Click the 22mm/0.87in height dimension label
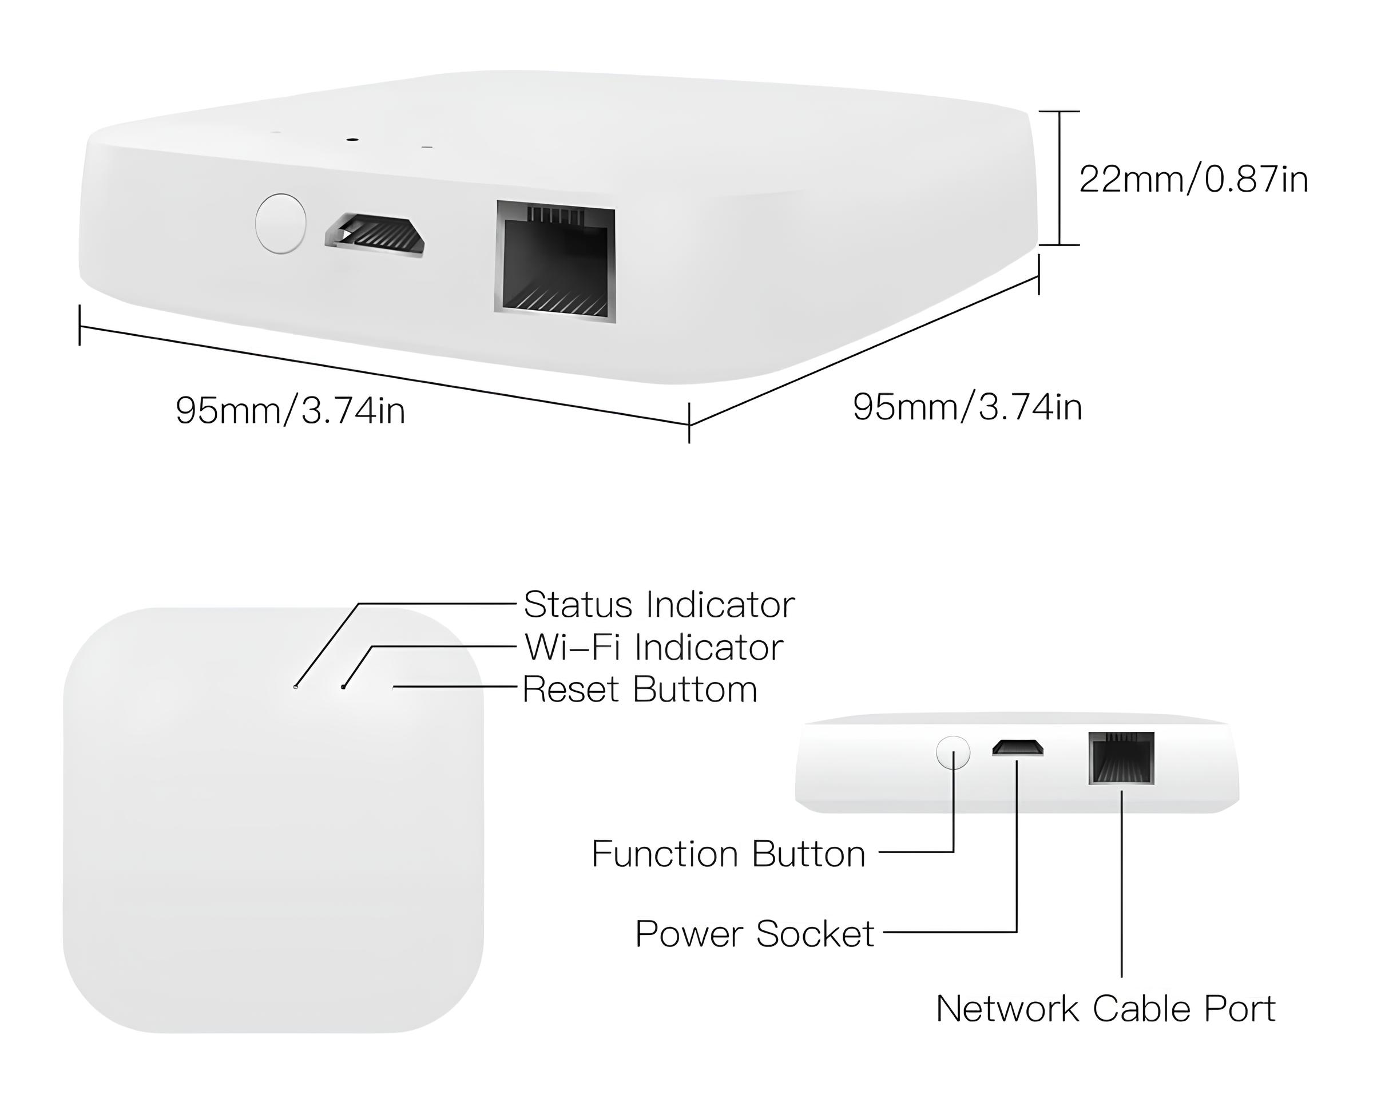(x=1193, y=180)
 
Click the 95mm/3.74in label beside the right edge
(x=967, y=407)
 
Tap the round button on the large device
(x=280, y=224)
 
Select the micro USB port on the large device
(x=375, y=236)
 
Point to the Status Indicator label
(x=658, y=604)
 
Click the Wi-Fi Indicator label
(x=653, y=648)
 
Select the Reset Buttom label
(x=640, y=689)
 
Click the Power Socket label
(x=755, y=934)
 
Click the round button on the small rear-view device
(x=953, y=752)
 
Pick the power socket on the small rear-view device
(x=1017, y=748)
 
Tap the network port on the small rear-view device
(x=1121, y=758)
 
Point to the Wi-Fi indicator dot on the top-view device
(x=343, y=687)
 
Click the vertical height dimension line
(x=1059, y=179)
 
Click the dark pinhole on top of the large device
(x=351, y=137)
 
